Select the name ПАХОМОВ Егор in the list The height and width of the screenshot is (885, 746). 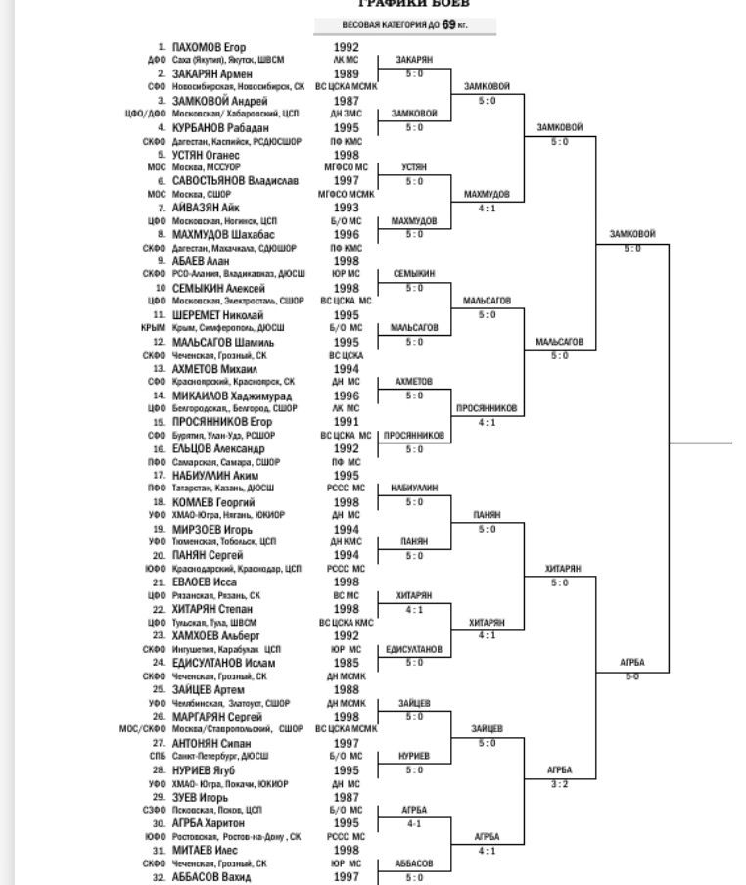coord(209,47)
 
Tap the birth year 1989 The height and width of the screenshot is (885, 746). coord(346,74)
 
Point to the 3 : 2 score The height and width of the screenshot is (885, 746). coord(559,784)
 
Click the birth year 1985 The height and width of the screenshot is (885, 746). coord(346,664)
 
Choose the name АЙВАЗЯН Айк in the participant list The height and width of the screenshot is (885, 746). coord(206,209)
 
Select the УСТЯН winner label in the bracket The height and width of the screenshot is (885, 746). coord(414,167)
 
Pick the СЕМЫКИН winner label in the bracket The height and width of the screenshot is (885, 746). coord(414,274)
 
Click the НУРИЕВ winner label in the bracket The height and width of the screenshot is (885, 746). coord(414,756)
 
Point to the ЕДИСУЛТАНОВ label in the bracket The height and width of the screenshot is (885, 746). coord(414,649)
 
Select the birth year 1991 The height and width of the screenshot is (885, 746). coord(346,423)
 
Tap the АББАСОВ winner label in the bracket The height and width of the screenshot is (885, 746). coord(414,864)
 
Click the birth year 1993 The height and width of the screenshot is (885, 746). coord(346,209)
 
